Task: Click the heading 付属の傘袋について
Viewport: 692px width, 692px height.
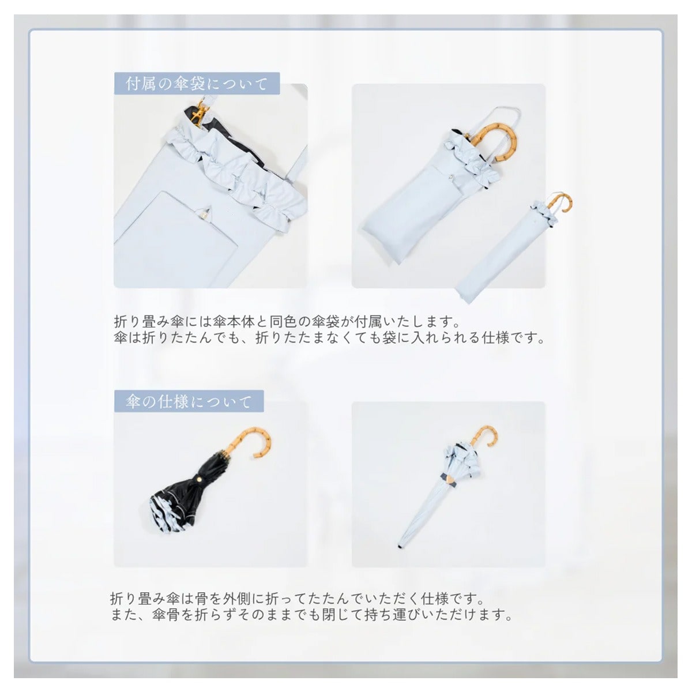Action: [197, 84]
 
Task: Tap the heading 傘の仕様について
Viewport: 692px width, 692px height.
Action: [188, 402]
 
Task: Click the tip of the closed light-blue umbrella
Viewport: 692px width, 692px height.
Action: [400, 556]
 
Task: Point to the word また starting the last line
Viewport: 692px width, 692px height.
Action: [124, 615]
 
